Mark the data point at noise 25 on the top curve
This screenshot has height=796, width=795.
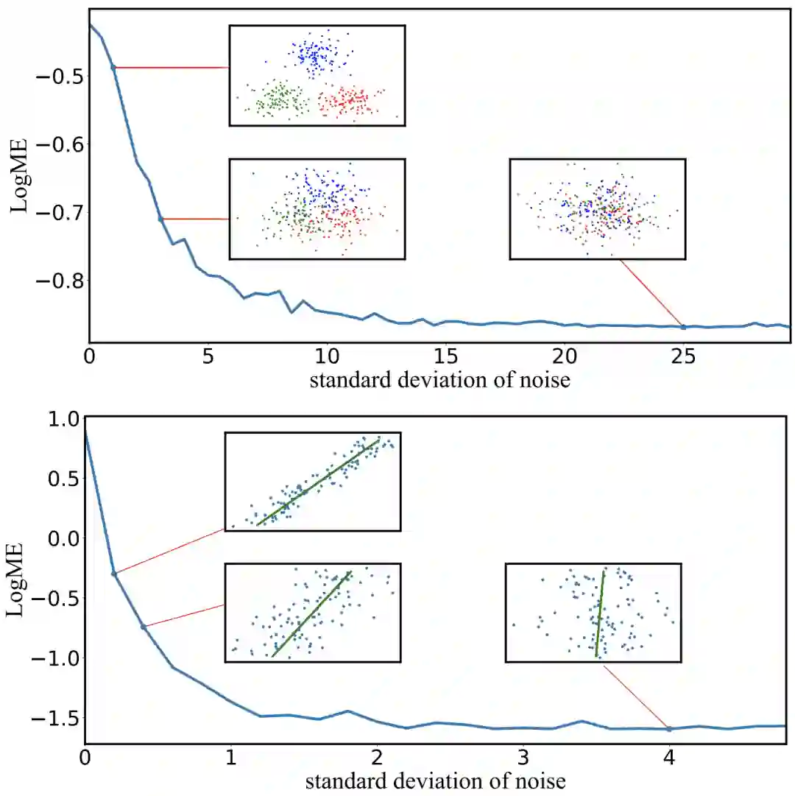click(x=683, y=327)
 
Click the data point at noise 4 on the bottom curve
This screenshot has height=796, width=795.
click(x=669, y=729)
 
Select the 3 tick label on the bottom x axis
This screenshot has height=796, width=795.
click(x=523, y=758)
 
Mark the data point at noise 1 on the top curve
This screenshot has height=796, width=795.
click(x=113, y=67)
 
